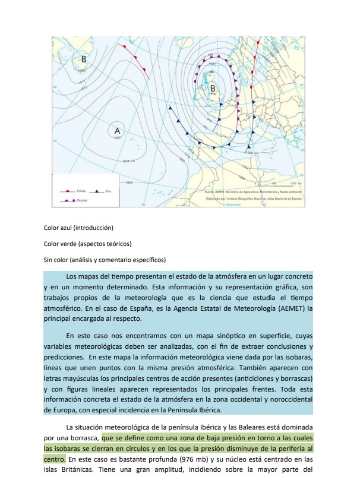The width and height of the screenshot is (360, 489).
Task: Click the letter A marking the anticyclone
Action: (x=117, y=130)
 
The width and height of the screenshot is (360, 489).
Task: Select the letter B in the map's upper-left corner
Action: (x=84, y=59)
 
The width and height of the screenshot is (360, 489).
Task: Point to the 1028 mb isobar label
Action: (x=128, y=161)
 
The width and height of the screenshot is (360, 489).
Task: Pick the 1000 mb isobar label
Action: (x=252, y=153)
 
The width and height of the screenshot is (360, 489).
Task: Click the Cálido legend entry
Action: (x=76, y=192)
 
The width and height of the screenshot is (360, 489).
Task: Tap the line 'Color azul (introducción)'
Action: (x=78, y=228)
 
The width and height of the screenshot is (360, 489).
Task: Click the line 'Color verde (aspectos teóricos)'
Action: (x=87, y=244)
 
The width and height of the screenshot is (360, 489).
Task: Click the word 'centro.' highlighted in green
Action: (x=54, y=460)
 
